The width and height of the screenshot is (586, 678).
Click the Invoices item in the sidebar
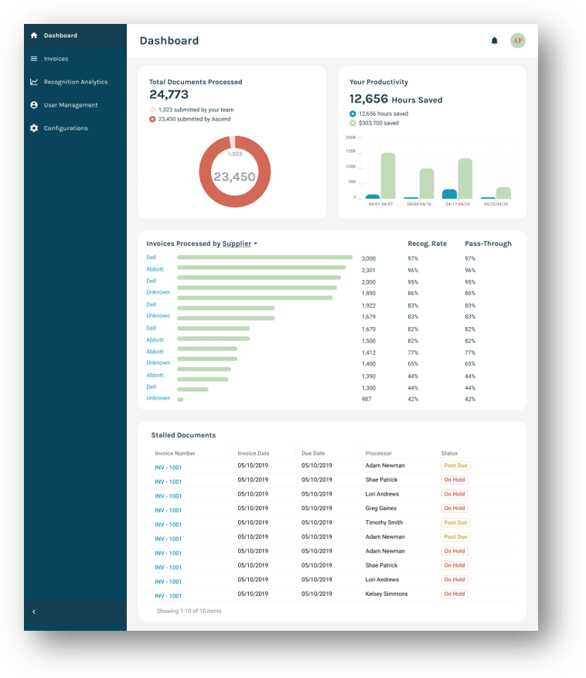pos(56,59)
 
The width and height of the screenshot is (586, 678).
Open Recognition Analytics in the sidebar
pos(75,82)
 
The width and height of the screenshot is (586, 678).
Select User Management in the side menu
pos(70,105)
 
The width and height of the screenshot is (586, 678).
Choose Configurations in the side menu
pos(65,128)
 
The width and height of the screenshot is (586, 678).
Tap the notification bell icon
pos(495,41)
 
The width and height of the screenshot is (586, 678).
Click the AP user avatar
pos(518,41)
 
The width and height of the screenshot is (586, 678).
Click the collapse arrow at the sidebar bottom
pos(34,612)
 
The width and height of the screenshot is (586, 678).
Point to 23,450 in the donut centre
pos(234,177)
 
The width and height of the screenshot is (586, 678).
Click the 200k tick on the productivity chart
pos(350,138)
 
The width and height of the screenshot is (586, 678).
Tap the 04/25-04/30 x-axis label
pos(496,204)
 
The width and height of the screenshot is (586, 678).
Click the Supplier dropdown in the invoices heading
pos(240,244)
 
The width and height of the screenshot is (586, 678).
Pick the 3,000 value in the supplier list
pos(369,258)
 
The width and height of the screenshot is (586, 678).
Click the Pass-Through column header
pos(488,244)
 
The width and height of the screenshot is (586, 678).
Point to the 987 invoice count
pos(366,399)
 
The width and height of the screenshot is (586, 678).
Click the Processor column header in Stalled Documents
pos(379,453)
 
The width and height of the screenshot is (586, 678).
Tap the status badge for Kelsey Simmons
pos(454,594)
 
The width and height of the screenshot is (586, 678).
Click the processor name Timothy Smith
pos(384,523)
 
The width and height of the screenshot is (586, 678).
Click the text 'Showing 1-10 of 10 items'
pos(189,611)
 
